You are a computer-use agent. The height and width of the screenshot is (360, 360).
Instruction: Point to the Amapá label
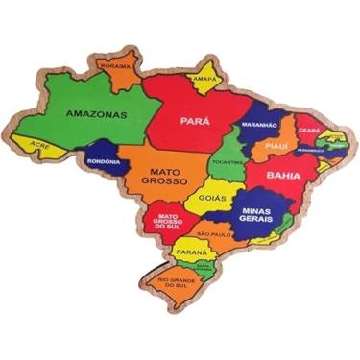(203, 80)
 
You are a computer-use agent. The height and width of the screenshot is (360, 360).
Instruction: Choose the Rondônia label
(104, 161)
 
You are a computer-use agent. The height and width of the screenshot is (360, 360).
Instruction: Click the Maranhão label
(259, 125)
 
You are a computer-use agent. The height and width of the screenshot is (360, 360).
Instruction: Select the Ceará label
(308, 130)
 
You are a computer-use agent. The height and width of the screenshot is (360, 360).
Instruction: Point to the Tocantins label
(228, 160)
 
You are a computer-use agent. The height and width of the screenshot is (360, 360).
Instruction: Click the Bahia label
(283, 176)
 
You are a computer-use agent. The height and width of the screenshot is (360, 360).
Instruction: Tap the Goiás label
(213, 198)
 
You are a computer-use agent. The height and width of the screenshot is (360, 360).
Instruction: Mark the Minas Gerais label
(258, 214)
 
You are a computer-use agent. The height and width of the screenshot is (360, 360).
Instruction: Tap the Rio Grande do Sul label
(175, 283)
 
